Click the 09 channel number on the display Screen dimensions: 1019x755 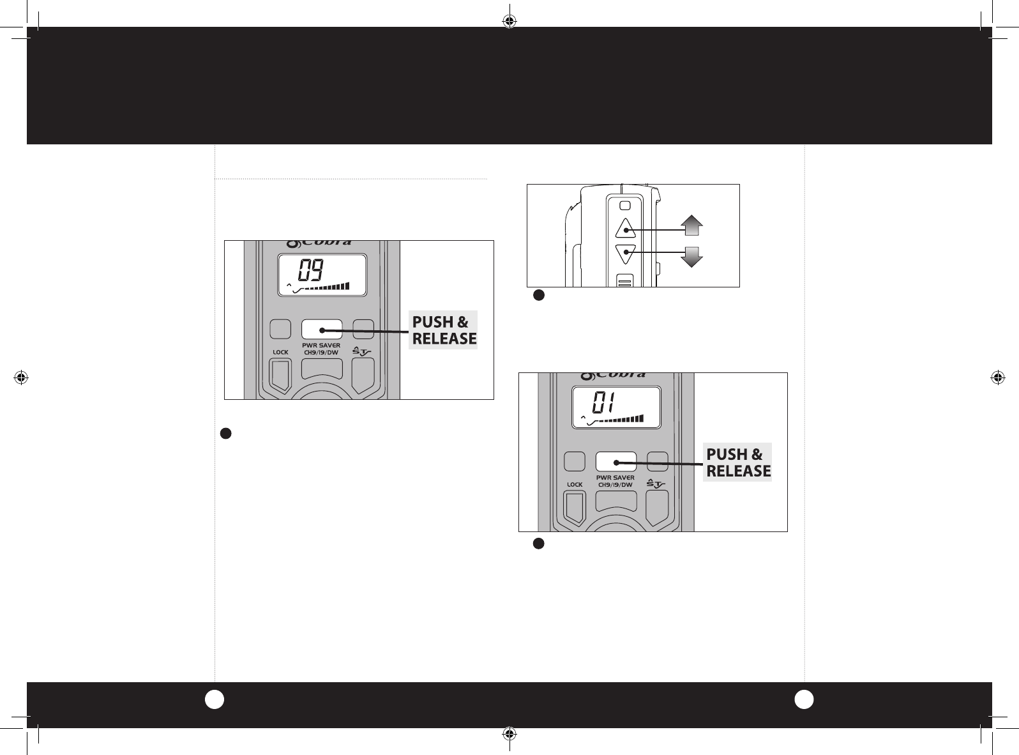pyautogui.click(x=311, y=270)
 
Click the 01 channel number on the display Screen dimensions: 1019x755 pyautogui.click(x=603, y=402)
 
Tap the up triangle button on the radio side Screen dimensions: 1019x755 pyautogui.click(x=625, y=228)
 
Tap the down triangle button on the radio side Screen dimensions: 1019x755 pyautogui.click(x=625, y=254)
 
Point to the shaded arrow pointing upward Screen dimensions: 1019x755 pyautogui.click(x=691, y=225)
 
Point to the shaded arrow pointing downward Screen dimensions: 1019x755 pyautogui.click(x=691, y=257)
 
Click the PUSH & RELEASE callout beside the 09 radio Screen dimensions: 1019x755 pyautogui.click(x=443, y=330)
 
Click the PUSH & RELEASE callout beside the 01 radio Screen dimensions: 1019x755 pyautogui.click(x=737, y=462)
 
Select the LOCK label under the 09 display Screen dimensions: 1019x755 pyautogui.click(x=280, y=352)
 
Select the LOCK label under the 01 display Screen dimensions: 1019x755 pyautogui.click(x=574, y=485)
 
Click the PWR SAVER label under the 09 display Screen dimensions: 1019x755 pyautogui.click(x=321, y=346)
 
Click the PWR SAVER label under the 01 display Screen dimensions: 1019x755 pyautogui.click(x=615, y=478)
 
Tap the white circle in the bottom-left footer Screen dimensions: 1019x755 pyautogui.click(x=214, y=699)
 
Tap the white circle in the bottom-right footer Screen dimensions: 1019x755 pyautogui.click(x=804, y=699)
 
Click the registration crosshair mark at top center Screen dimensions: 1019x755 pyautogui.click(x=509, y=21)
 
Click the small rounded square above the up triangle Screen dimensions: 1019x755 pyautogui.click(x=625, y=206)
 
